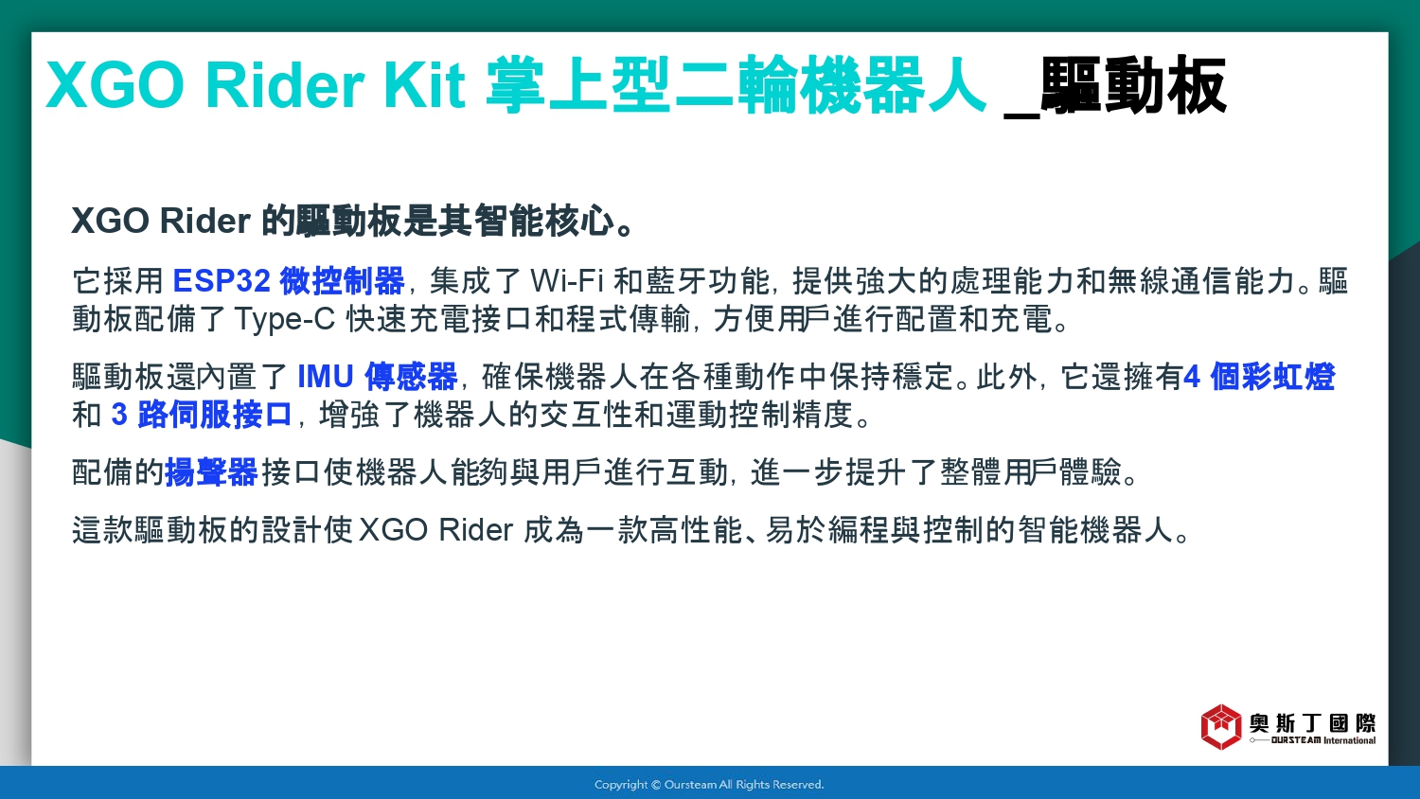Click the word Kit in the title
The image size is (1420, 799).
[x=424, y=85]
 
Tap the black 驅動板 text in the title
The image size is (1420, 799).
[x=1133, y=85]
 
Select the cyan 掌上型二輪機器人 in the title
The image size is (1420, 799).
[x=736, y=85]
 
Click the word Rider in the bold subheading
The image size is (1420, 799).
[x=204, y=221]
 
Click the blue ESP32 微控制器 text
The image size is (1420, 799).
[x=289, y=281]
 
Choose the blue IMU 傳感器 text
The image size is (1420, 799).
[x=377, y=377]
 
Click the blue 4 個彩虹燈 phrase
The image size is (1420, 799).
[x=1259, y=377]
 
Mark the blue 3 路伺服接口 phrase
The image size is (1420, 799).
[x=202, y=415]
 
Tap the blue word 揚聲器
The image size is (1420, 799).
[x=211, y=472]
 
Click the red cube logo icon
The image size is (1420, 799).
[x=1221, y=727]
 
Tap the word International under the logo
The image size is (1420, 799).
[x=1350, y=740]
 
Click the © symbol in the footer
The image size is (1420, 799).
[x=656, y=785]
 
